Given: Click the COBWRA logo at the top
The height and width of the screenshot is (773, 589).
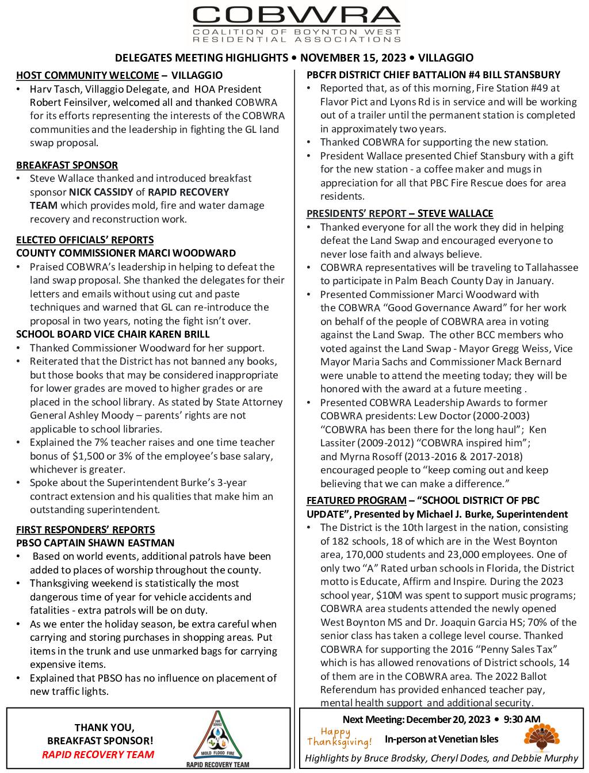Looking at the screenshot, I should pyautogui.click(x=296, y=24).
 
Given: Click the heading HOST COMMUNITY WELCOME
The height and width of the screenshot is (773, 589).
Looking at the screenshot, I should pyautogui.click(x=87, y=75).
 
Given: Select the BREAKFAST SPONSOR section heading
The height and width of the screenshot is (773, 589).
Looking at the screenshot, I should pyautogui.click(x=67, y=165).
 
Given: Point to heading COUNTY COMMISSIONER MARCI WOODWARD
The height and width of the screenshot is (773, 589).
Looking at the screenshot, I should pyautogui.click(x=126, y=253).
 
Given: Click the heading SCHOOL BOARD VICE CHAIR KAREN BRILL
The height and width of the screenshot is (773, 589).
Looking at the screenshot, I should pyautogui.click(x=113, y=334).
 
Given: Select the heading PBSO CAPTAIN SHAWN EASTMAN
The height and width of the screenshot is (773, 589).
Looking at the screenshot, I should pyautogui.click(x=95, y=543).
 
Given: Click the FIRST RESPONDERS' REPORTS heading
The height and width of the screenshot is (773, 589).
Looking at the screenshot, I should pyautogui.click(x=85, y=530).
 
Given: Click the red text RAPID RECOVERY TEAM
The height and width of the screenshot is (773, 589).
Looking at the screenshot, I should pyautogui.click(x=98, y=755).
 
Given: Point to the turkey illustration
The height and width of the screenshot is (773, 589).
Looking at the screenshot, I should pyautogui.click(x=541, y=738).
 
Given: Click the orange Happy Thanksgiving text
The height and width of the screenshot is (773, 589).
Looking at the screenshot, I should pyautogui.click(x=339, y=737).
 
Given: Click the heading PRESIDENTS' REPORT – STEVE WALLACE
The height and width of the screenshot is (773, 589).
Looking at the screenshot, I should pyautogui.click(x=400, y=213).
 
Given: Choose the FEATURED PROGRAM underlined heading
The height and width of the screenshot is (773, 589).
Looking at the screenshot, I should pyautogui.click(x=356, y=500).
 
